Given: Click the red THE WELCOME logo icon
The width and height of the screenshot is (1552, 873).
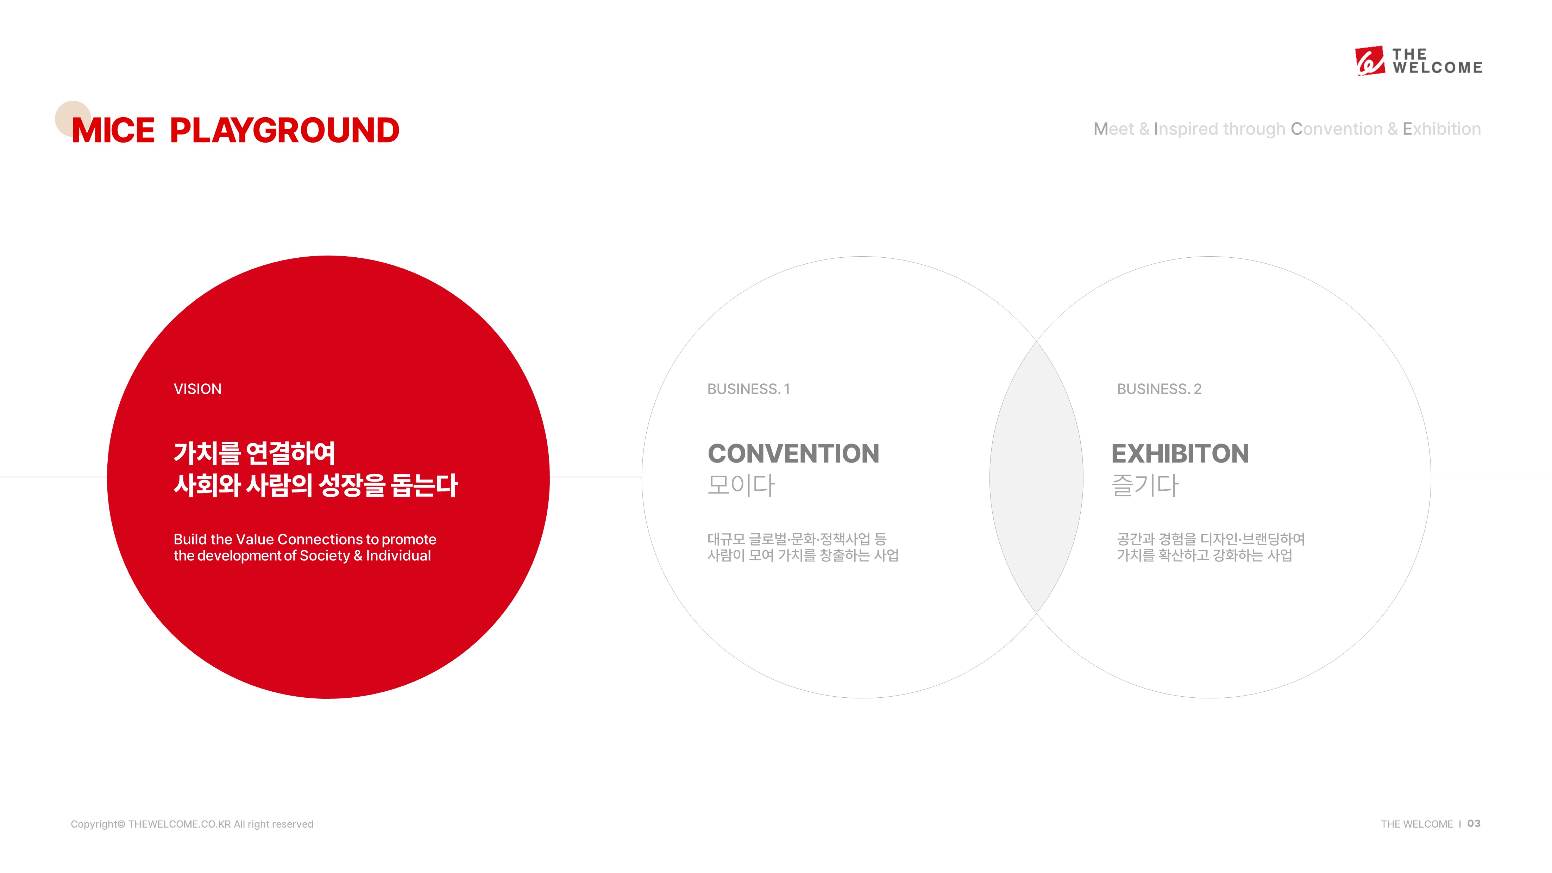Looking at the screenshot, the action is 1369,61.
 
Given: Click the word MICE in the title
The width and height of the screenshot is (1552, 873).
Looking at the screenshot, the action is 113,130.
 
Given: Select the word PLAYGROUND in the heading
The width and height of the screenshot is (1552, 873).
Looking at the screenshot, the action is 284,130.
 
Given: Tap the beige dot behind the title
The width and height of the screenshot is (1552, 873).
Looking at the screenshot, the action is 73,119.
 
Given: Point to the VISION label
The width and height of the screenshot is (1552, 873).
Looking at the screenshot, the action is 197,389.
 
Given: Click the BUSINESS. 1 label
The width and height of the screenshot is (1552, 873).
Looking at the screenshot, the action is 748,389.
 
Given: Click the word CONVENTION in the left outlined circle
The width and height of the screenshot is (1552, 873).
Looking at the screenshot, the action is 793,454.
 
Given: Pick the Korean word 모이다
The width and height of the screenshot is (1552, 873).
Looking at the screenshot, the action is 741,485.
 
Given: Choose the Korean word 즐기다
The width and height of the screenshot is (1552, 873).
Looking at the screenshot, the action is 1145,485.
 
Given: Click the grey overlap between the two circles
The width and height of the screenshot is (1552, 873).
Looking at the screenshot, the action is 1036,477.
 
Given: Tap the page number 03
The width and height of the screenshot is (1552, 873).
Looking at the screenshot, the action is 1474,824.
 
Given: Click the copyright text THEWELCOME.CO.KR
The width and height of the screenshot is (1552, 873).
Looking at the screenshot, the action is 180,824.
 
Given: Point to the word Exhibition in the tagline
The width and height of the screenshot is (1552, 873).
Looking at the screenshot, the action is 1442,129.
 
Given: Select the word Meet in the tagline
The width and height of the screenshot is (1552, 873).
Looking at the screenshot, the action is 1114,129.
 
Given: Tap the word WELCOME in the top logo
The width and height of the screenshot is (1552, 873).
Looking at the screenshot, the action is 1438,68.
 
